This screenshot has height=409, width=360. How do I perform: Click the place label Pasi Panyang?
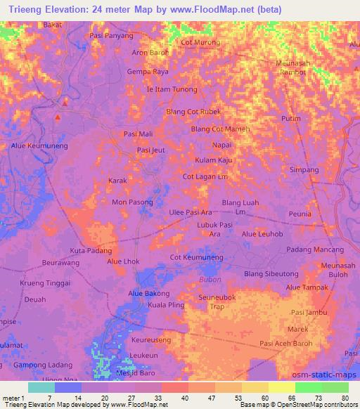[x=111, y=34]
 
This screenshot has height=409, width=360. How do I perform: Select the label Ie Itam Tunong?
[x=172, y=89]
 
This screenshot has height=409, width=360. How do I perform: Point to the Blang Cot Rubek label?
[x=193, y=111]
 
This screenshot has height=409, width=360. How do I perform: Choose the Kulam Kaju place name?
[x=214, y=160]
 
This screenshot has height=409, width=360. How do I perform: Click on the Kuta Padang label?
[x=91, y=250]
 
